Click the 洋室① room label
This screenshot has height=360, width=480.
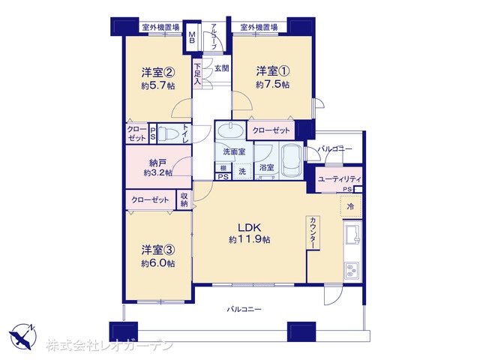tap(273, 71)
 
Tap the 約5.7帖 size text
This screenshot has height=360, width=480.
tap(158, 86)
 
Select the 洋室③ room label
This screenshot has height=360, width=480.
tap(158, 250)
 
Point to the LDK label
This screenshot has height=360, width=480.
tap(250, 227)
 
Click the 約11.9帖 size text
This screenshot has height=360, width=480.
tap(250, 239)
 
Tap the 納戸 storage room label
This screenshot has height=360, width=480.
tap(158, 163)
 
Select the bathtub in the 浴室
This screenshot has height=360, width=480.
tap(292, 160)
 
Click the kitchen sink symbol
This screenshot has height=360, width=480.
tap(352, 233)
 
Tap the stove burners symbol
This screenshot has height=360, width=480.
tap(352, 271)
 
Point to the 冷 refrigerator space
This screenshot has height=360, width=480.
tap(351, 206)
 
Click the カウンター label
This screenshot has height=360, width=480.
tap(313, 233)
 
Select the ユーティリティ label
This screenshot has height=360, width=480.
tap(340, 179)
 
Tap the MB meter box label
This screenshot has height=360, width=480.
tap(192, 37)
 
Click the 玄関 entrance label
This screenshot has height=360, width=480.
tap(221, 68)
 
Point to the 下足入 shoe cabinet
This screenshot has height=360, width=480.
tap(197, 74)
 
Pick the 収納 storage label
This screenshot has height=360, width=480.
tap(184, 199)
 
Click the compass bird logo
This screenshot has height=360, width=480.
tap(23, 337)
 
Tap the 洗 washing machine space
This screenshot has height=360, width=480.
tap(242, 172)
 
